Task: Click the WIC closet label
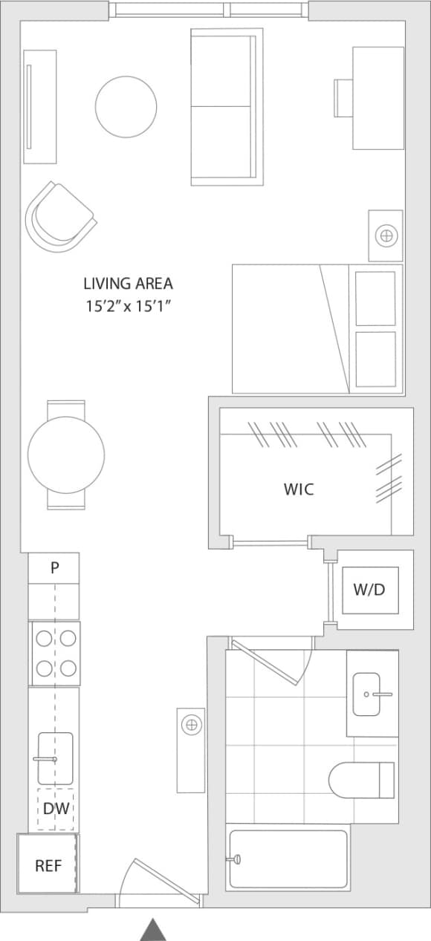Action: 299,489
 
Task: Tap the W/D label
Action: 369,590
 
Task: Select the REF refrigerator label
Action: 48,865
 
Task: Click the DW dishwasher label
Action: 55,808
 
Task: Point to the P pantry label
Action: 54,568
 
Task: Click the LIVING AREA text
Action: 128,283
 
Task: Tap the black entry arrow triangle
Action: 153,929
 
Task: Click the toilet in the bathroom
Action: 360,780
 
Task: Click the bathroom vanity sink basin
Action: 367,694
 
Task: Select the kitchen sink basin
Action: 56,758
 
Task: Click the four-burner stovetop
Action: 55,653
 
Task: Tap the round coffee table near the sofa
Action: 126,107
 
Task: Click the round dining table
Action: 66,455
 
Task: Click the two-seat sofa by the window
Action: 225,106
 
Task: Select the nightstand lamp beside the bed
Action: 386,236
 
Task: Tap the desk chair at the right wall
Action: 343,97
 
